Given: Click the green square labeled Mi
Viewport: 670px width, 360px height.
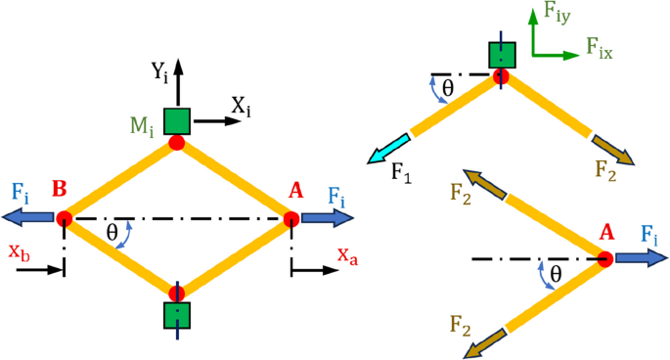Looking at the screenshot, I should (x=177, y=119).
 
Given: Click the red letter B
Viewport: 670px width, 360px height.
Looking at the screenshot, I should (x=60, y=187).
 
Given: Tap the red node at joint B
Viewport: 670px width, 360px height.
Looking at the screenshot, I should (x=64, y=219).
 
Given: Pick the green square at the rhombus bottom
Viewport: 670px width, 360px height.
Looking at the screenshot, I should (x=177, y=315).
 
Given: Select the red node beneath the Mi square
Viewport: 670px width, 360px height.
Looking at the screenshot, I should (x=177, y=143).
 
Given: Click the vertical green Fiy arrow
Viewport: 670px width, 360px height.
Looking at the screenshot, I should (x=534, y=33).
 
